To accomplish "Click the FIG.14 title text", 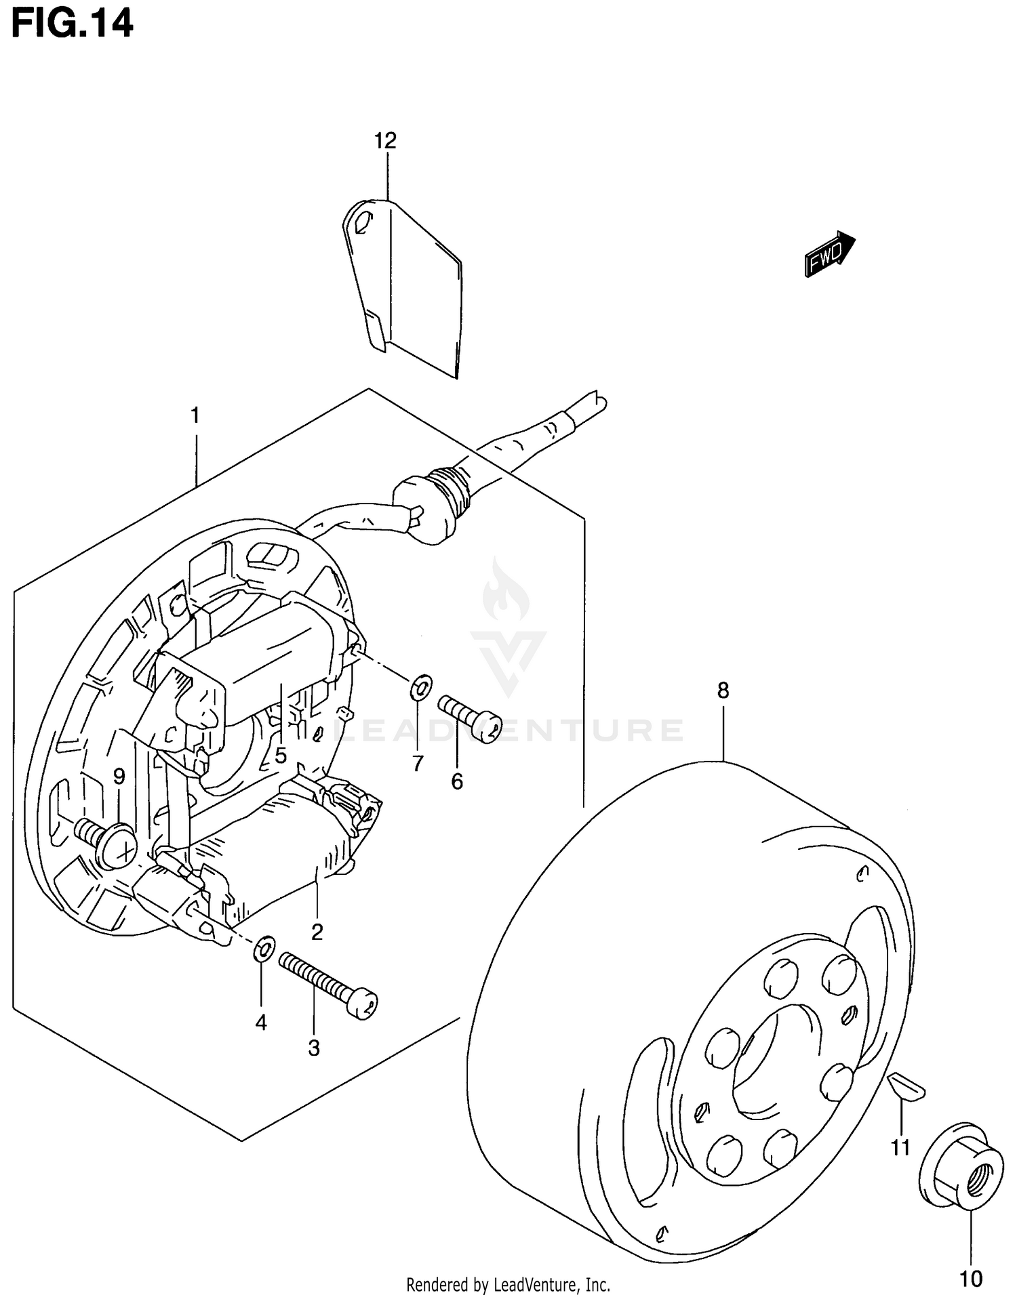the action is pos(72,24).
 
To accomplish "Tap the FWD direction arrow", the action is pos(830,253).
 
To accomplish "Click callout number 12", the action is pos(385,141).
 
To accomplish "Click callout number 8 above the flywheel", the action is pos(723,691).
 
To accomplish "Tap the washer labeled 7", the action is pos(420,687).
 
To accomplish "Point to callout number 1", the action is pos(195,415).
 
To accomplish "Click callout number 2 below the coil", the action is pos(317,932).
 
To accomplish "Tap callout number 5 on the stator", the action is pos(281,755).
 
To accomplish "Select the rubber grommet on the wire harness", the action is pos(426,499).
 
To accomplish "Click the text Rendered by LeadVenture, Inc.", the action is pos(508,1284).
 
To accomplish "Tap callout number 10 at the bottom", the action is pos(971,1279).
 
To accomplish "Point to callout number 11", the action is pos(900,1148).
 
